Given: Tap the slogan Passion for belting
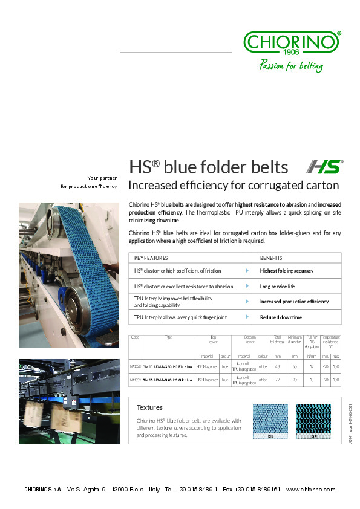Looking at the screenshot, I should click(291, 66).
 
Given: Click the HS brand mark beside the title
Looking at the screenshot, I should click(324, 167).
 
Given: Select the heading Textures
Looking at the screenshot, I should click(149, 407).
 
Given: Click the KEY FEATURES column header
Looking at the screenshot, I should click(151, 258).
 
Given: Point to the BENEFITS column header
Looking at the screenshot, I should click(271, 258).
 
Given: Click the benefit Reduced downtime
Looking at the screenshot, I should click(281, 317).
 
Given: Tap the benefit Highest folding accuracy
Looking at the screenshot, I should click(287, 271).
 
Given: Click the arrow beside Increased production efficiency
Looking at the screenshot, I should click(247, 301).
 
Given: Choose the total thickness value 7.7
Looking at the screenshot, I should click(277, 380).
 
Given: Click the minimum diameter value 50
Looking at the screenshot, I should click(295, 366).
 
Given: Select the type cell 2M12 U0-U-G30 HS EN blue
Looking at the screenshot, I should click(167, 366).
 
